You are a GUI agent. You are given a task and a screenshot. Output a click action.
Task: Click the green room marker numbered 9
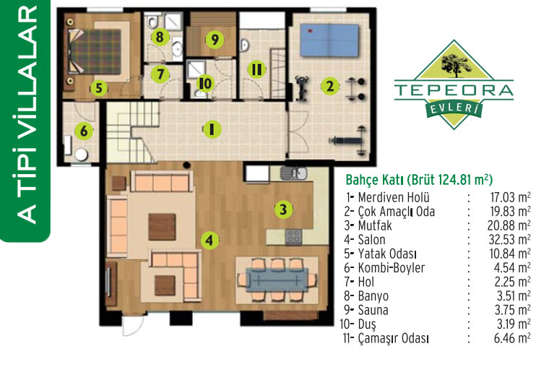coord(215,39)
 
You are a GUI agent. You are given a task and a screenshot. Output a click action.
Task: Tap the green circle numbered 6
coord(83,131)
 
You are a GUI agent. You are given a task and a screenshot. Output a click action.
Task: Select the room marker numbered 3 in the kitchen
coord(283,209)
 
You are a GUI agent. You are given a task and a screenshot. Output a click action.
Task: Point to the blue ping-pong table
coord(329,40)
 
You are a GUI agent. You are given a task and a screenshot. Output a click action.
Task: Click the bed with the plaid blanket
coord(95,51)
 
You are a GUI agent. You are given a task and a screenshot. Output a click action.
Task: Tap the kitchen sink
coord(293,173)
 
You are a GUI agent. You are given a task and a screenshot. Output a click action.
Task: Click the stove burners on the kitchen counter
coord(293,236)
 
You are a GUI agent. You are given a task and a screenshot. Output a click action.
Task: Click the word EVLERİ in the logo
coord(454,108)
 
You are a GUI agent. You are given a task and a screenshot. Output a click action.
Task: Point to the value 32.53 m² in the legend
coord(509,240)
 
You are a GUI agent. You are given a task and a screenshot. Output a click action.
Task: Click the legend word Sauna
coord(373,311)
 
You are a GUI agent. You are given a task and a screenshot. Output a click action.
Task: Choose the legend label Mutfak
coord(375,226)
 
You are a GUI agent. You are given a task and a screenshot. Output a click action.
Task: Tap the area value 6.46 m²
coord(512,338)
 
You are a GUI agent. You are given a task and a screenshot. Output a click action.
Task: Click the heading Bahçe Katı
coord(373,180)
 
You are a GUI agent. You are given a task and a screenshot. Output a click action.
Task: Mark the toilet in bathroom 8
coord(152,21)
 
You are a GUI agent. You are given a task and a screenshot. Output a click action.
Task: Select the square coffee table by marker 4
coord(162,227)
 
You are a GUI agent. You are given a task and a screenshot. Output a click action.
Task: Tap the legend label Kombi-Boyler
coord(391,268)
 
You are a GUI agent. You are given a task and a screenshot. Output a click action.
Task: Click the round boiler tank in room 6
coord(82,155)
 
